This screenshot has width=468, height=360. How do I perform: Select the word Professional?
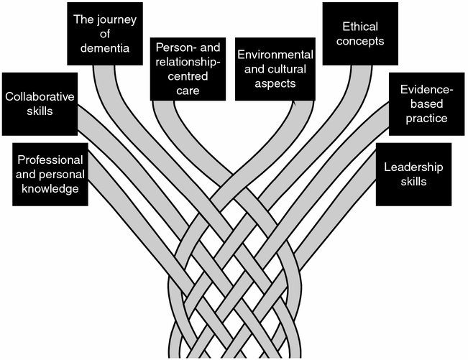pyautogui.click(x=50, y=159)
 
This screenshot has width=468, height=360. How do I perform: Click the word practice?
pyautogui.click(x=426, y=119)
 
